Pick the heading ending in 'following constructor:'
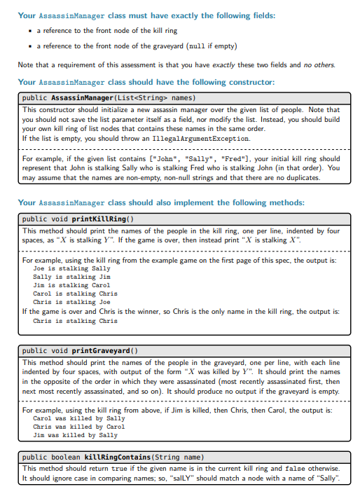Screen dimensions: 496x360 click(x=146, y=83)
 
